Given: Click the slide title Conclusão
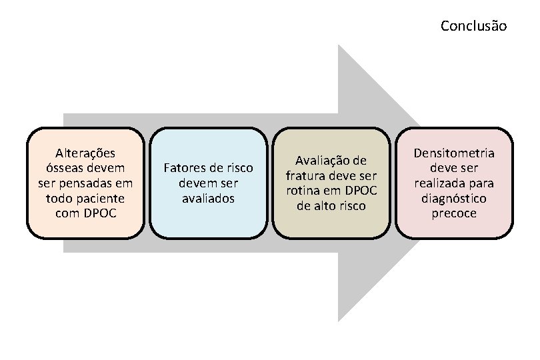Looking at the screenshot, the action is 473,27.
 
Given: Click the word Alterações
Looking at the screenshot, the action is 85,153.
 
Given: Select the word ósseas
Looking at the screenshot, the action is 63,167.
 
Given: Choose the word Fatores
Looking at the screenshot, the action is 184,167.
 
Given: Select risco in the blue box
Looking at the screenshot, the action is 239,167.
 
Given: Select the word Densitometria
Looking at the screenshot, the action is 454,153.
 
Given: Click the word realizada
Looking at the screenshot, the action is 437,183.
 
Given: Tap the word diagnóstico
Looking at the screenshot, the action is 454,199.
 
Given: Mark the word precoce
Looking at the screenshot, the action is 454,213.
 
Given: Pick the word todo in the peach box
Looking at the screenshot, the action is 59,198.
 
